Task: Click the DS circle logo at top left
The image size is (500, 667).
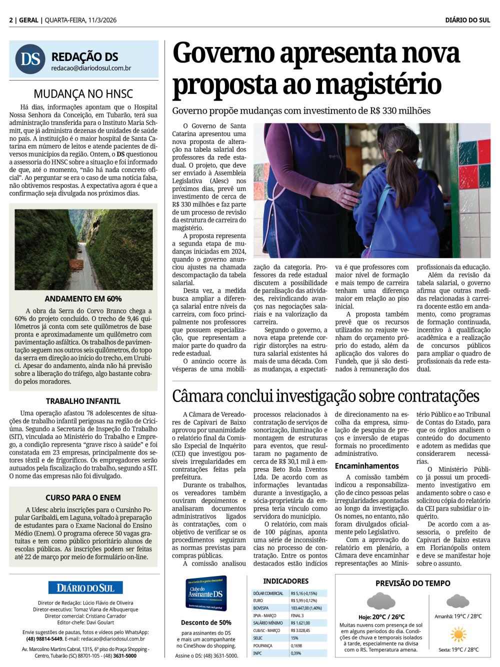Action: (x=30, y=59)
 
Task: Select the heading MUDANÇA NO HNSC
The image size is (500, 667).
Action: (x=83, y=93)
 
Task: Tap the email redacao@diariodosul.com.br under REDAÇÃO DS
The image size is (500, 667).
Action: (x=91, y=68)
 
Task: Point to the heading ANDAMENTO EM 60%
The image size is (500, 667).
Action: (x=83, y=298)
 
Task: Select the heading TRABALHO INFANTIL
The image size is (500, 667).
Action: (x=83, y=401)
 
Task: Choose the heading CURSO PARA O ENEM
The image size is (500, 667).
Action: (x=83, y=497)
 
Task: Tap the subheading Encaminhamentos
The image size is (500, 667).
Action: (x=366, y=466)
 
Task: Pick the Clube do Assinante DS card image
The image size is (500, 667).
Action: (x=206, y=593)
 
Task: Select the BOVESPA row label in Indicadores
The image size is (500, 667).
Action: (x=261, y=608)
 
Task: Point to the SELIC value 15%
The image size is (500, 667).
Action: (x=294, y=638)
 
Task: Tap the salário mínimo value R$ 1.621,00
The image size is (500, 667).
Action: (x=300, y=623)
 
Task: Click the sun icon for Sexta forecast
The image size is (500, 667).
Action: (x=458, y=634)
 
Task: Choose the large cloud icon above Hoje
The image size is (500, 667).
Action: (x=381, y=600)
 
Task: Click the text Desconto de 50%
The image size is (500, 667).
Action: (x=206, y=622)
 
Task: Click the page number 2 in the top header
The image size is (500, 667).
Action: (x=11, y=20)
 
